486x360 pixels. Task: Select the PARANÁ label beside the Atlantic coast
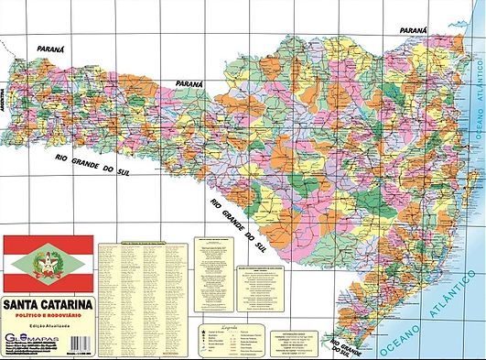point(414,30)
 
